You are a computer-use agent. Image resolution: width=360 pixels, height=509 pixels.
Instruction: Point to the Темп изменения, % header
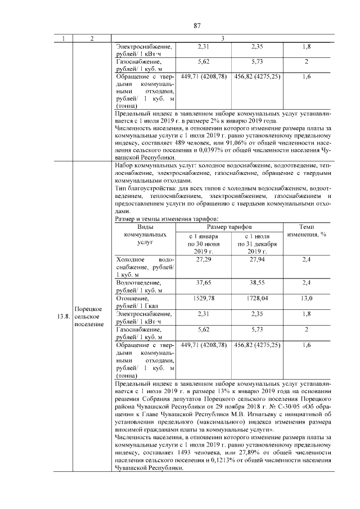[x=307, y=229]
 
